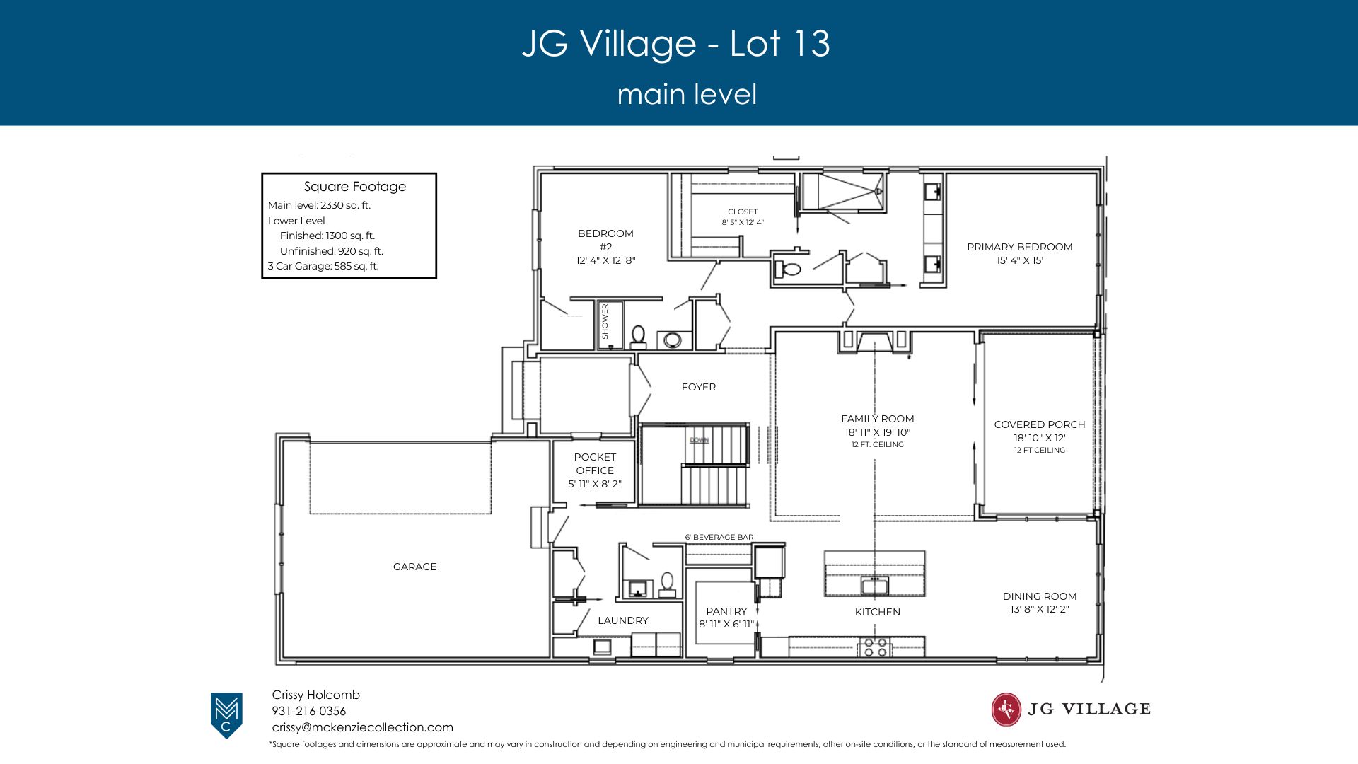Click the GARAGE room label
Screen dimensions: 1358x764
tap(414, 567)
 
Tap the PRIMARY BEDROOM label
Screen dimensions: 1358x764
tap(1020, 247)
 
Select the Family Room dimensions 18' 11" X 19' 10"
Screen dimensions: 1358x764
tap(877, 432)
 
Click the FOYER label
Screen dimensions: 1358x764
tap(699, 387)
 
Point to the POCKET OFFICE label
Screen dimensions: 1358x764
tap(595, 463)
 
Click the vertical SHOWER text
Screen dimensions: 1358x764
tap(605, 321)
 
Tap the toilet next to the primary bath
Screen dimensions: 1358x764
tap(787, 269)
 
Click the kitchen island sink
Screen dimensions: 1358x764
tap(875, 586)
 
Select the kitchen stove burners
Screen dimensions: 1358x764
tap(876, 647)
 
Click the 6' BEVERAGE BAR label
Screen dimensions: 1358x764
tap(719, 537)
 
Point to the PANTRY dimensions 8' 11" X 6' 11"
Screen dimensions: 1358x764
tap(726, 624)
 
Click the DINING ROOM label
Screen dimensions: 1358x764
tap(1040, 596)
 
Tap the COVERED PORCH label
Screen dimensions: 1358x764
tap(1040, 424)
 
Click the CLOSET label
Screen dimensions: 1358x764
tap(743, 212)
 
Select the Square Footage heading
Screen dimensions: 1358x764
tap(355, 187)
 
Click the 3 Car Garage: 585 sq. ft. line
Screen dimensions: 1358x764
tap(323, 266)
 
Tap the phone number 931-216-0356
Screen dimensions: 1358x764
tap(309, 711)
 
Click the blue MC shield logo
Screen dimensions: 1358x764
tap(226, 715)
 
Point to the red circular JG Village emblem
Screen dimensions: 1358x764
tap(1006, 710)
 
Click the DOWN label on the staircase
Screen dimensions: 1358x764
tap(699, 440)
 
